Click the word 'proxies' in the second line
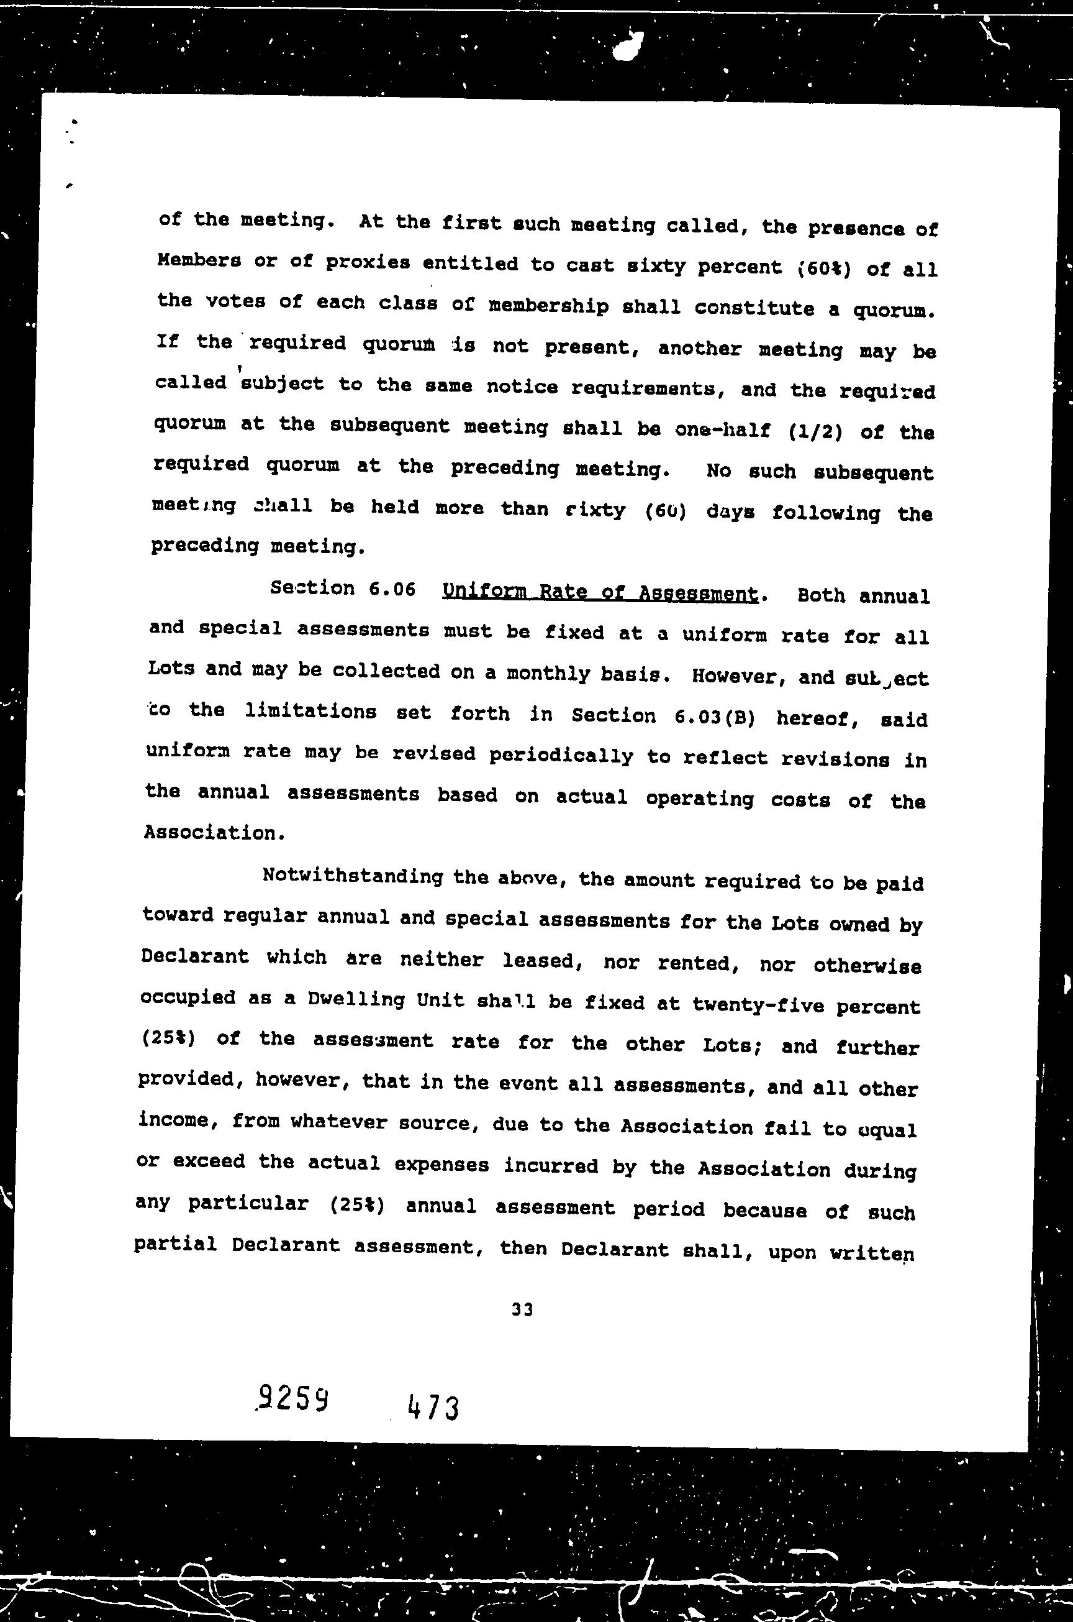[x=368, y=263]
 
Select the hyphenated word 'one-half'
[x=723, y=430]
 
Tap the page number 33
[x=522, y=1309]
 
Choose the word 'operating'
[x=699, y=799]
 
